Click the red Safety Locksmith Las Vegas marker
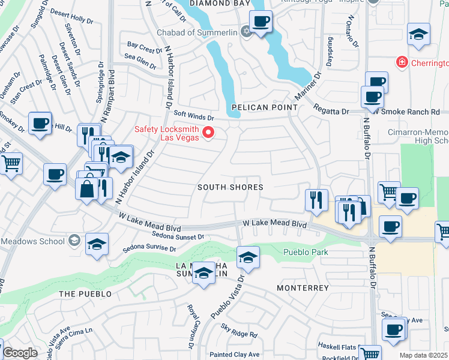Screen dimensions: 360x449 coord(209,133)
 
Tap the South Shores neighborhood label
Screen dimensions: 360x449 coord(231,187)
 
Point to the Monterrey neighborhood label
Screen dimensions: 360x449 coord(303,288)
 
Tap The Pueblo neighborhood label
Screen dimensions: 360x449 coord(85,294)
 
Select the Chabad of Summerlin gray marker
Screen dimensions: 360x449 coord(246,32)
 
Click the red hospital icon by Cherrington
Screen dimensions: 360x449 coord(400,62)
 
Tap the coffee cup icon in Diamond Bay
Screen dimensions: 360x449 coord(261,22)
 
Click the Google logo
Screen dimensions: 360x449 coord(19,353)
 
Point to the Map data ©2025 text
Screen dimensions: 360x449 coord(424,355)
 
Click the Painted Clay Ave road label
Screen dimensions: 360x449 coord(238,355)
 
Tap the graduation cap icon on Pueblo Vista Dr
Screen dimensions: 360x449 coord(248,257)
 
